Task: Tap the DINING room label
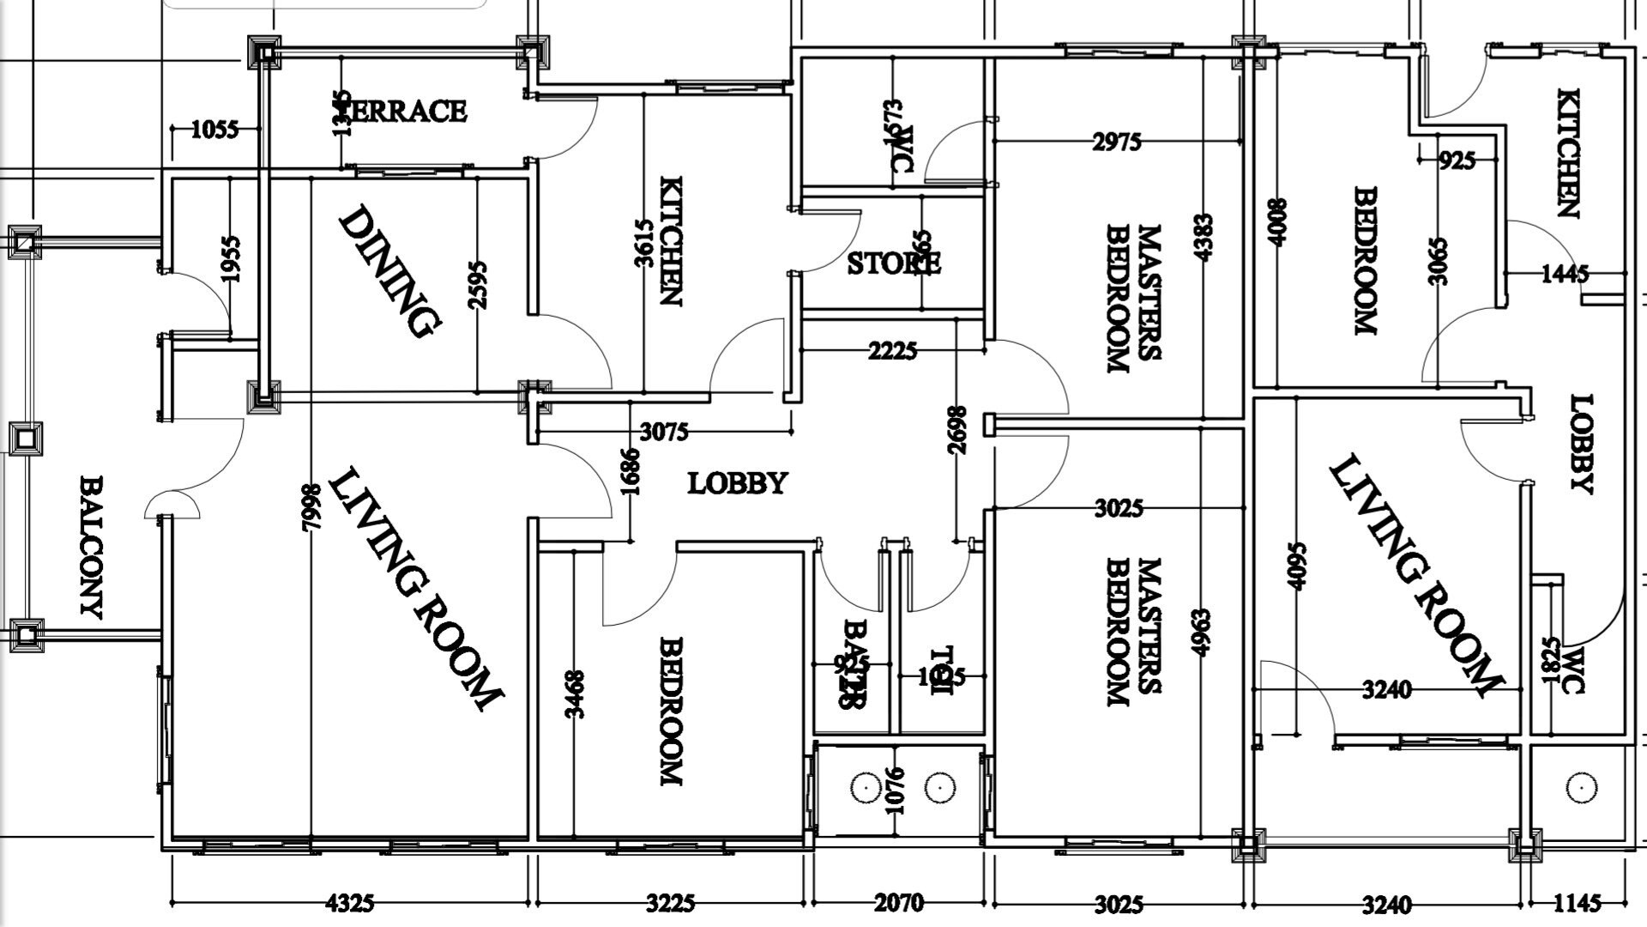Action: (390, 270)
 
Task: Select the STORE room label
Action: (893, 263)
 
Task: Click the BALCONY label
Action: (91, 547)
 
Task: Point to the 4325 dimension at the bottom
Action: (350, 903)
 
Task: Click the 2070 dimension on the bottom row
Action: (898, 903)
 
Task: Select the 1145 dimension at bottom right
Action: (1577, 903)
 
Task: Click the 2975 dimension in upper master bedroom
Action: (1117, 142)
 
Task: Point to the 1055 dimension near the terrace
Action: (214, 130)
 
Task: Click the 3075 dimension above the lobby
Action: (664, 432)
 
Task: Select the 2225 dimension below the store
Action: (892, 351)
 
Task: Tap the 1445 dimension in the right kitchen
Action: (1565, 274)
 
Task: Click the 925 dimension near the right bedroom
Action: (1457, 161)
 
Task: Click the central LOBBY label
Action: (737, 483)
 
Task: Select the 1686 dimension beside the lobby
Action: (630, 471)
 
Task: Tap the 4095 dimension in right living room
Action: (1297, 565)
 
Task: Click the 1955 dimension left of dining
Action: (230, 258)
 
